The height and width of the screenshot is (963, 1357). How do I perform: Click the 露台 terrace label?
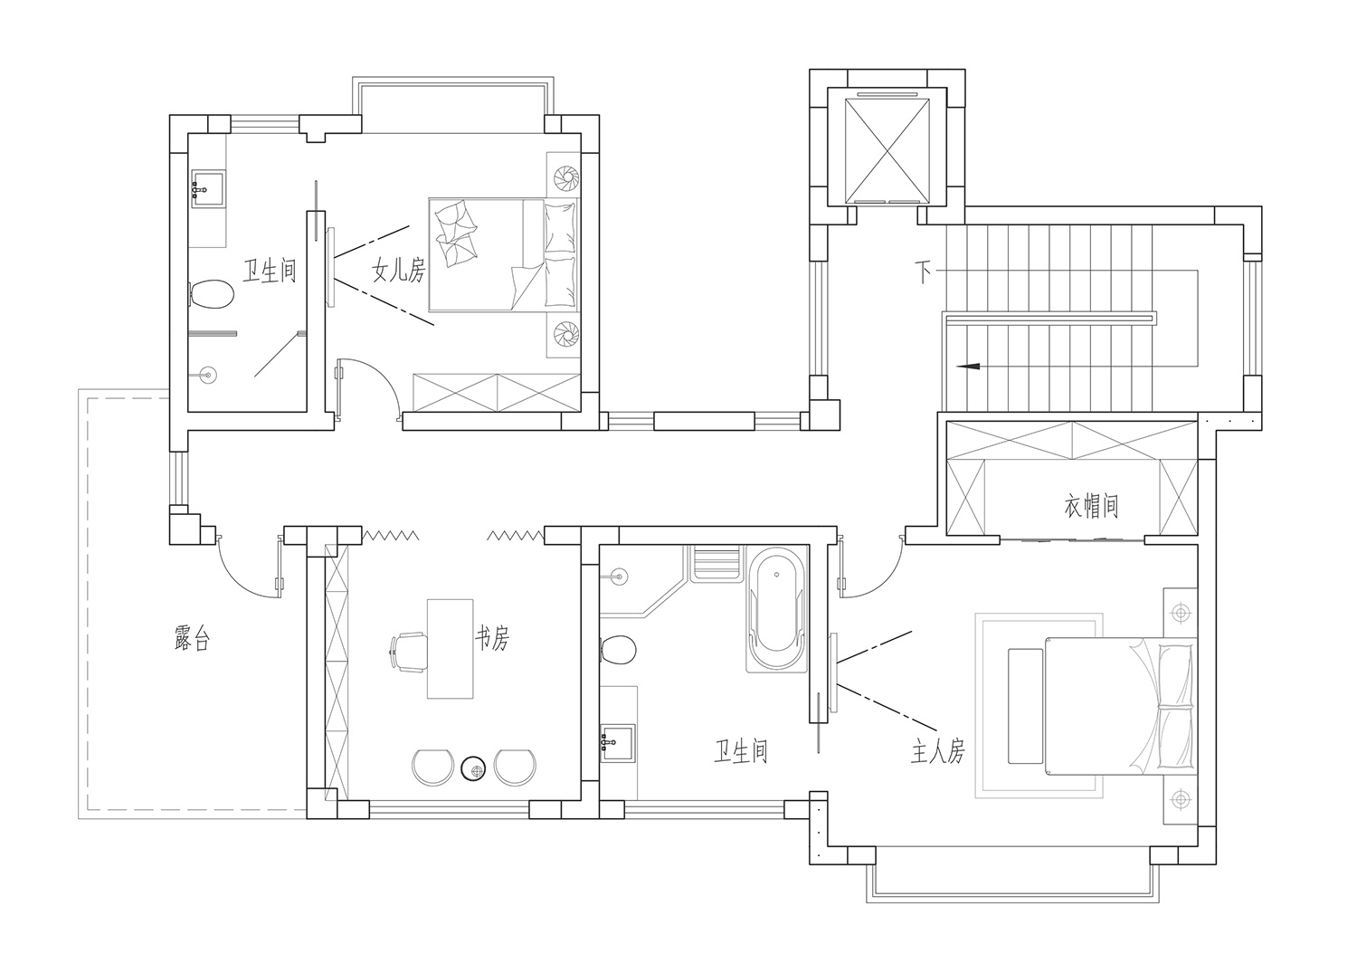click(x=192, y=638)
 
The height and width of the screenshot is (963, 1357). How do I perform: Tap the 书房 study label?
click(x=492, y=637)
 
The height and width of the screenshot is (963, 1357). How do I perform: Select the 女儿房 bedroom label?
click(x=399, y=270)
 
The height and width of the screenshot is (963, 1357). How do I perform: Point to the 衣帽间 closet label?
click(x=1091, y=505)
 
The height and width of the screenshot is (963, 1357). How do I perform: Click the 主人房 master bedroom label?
click(x=938, y=751)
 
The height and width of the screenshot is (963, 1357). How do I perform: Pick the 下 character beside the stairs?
click(x=923, y=272)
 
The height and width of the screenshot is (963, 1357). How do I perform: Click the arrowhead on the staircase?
click(x=967, y=366)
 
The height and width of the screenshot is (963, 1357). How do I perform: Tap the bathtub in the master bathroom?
click(x=776, y=608)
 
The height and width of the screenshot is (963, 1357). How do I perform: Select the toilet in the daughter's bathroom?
click(x=212, y=294)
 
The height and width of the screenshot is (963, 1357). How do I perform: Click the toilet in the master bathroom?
click(x=618, y=650)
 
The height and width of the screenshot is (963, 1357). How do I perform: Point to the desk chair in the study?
click(x=409, y=652)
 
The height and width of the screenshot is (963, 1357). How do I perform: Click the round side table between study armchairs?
click(x=474, y=769)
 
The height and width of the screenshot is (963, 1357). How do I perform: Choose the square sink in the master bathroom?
click(x=617, y=743)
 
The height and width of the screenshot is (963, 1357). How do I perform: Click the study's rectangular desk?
click(x=451, y=649)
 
